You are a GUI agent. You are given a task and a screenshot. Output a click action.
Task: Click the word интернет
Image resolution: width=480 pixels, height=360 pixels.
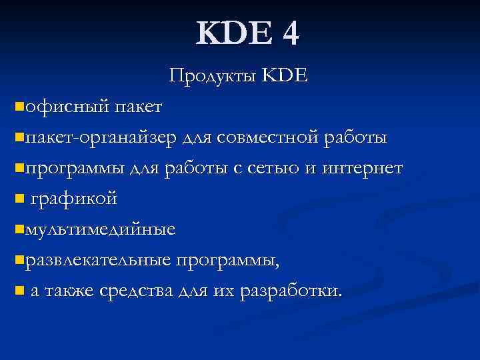[362, 169]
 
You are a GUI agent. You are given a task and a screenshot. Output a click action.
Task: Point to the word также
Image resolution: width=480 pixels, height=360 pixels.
[69, 292]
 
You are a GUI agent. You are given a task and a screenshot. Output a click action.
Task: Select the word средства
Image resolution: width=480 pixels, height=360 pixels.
[137, 292]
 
